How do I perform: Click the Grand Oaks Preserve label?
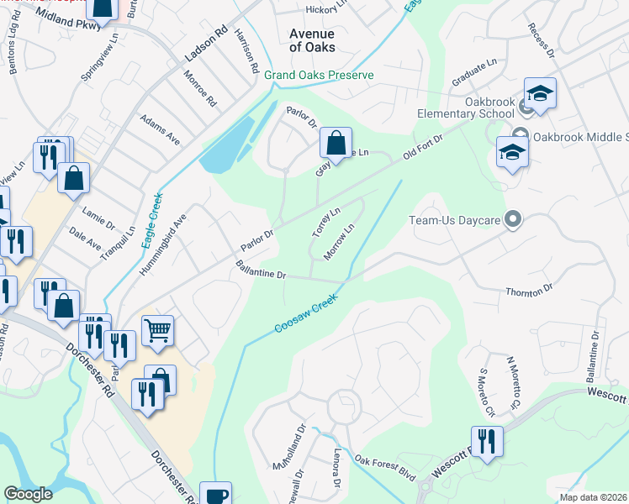(319, 75)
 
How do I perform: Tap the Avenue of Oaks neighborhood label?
(312, 40)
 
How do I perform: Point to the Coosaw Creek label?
(306, 313)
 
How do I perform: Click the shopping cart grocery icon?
(157, 330)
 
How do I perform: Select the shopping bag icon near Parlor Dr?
(336, 144)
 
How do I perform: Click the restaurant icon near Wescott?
(487, 441)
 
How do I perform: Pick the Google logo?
(28, 494)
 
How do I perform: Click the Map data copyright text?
(593, 497)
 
